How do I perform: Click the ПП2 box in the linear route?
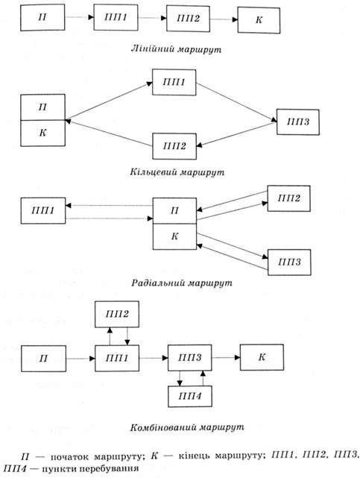coord(189,19)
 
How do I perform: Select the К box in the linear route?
coord(259,20)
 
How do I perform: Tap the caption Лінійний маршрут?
coord(176,49)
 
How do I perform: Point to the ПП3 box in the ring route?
coord(298,122)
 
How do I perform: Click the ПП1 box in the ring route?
coord(174,82)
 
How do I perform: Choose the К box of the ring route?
coord(42,133)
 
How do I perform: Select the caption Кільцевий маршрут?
coord(177,172)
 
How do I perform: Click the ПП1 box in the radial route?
coord(43,210)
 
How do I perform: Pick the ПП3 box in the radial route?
coord(289,262)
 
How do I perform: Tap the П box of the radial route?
coord(174,210)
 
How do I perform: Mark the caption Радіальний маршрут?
coord(182,283)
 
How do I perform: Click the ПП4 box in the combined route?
coord(190,396)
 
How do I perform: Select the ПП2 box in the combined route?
coord(117,314)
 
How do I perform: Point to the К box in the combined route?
coord(262,357)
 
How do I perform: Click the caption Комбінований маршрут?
coord(187,427)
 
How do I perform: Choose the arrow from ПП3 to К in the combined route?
coord(226,357)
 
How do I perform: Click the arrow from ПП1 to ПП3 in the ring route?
coord(237,102)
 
